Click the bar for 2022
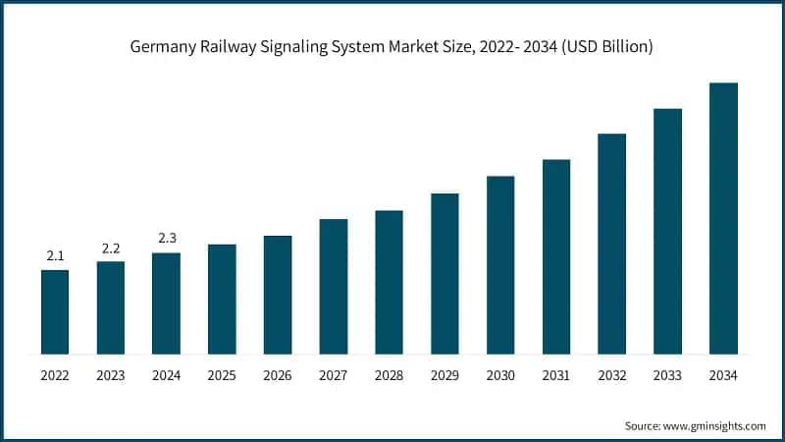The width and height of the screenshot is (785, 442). [55, 311]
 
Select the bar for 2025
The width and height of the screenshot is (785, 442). [222, 299]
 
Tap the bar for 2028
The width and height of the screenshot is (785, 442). [389, 282]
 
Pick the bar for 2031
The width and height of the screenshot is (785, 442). [556, 256]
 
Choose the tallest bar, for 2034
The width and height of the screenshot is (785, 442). [723, 218]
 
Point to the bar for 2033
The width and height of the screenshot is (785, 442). [667, 231]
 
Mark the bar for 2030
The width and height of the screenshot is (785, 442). [500, 264]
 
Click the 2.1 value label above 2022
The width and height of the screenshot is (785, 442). [55, 256]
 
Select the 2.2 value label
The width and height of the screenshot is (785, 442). [111, 249]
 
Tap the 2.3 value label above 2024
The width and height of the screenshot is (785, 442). [167, 239]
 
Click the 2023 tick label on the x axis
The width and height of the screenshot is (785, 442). [111, 374]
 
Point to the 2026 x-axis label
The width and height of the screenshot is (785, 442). [278, 374]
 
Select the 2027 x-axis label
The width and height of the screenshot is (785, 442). [334, 374]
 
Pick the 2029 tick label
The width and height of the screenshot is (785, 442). [445, 374]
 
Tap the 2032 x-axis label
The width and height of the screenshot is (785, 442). [611, 374]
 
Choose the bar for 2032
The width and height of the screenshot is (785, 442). [611, 244]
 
